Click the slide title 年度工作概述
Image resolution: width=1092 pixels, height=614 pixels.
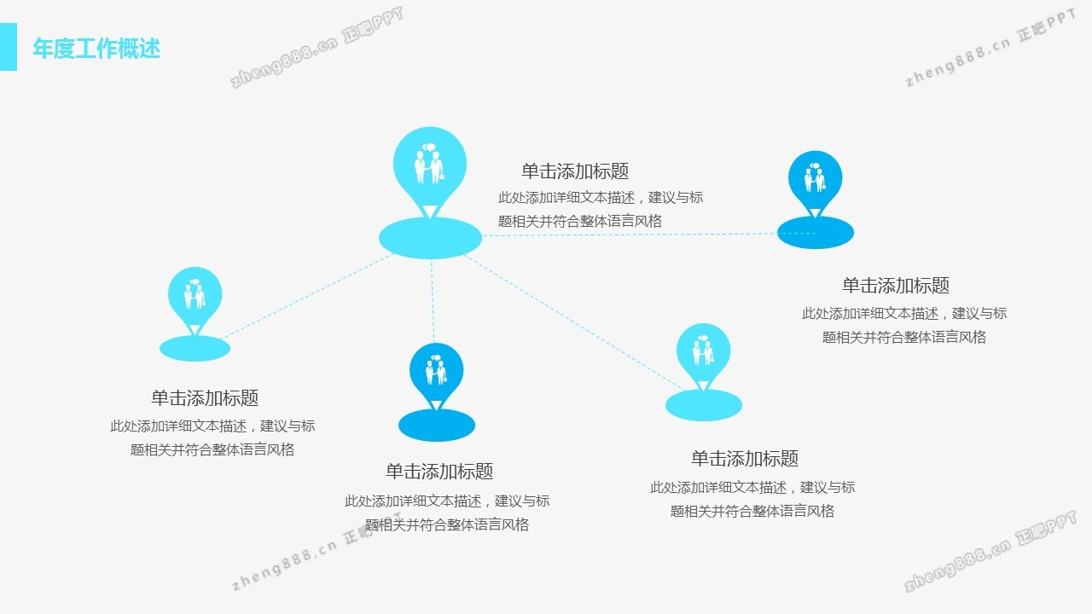(x=96, y=49)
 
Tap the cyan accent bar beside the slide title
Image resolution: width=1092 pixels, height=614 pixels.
(x=9, y=47)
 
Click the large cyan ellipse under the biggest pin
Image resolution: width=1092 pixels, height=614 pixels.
(x=430, y=238)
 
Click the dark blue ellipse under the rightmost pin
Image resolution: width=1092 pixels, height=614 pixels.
(x=816, y=233)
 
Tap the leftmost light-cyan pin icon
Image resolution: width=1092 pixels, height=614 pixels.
(x=195, y=296)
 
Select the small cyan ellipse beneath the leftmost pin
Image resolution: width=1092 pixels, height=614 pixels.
(x=195, y=348)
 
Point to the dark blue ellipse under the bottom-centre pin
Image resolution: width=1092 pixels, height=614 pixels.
(x=437, y=425)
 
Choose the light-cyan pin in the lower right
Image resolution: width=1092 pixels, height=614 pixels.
(x=704, y=353)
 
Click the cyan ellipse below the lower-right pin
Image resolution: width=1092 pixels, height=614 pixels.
(x=704, y=405)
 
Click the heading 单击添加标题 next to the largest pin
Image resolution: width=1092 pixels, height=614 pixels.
(x=575, y=171)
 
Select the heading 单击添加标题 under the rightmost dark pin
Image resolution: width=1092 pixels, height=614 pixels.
(x=896, y=286)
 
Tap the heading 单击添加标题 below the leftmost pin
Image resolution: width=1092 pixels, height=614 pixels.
(x=205, y=398)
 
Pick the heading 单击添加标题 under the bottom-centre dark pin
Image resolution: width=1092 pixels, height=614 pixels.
(x=439, y=472)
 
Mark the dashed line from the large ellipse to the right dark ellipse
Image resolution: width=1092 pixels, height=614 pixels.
(x=631, y=235)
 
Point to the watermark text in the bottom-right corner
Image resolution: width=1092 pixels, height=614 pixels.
(x=990, y=553)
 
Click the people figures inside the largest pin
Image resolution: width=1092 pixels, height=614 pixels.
(x=430, y=164)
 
